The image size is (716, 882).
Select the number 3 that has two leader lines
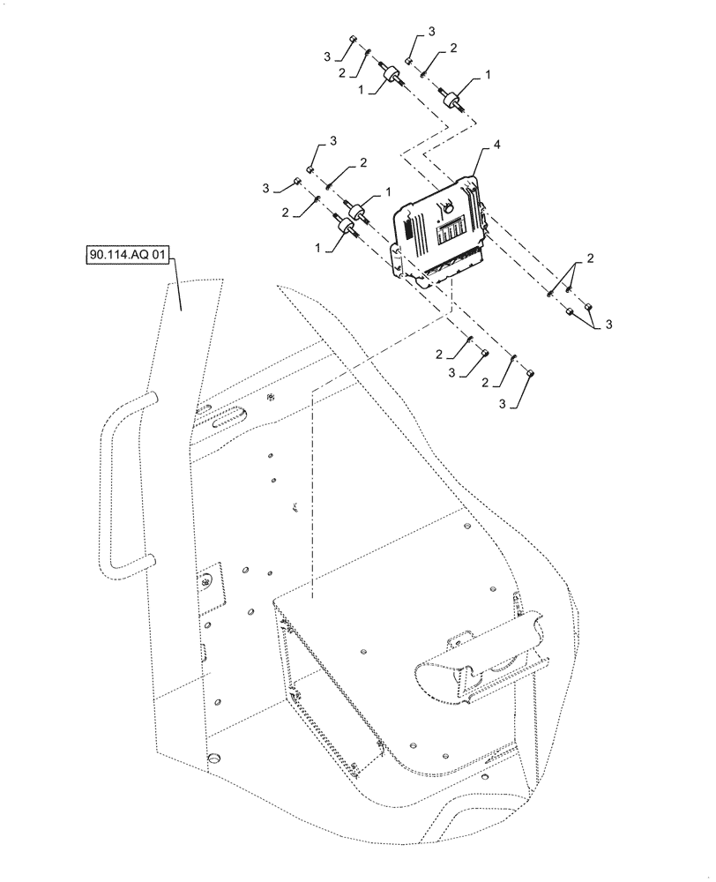point(608,325)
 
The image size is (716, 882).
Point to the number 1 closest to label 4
point(485,78)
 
